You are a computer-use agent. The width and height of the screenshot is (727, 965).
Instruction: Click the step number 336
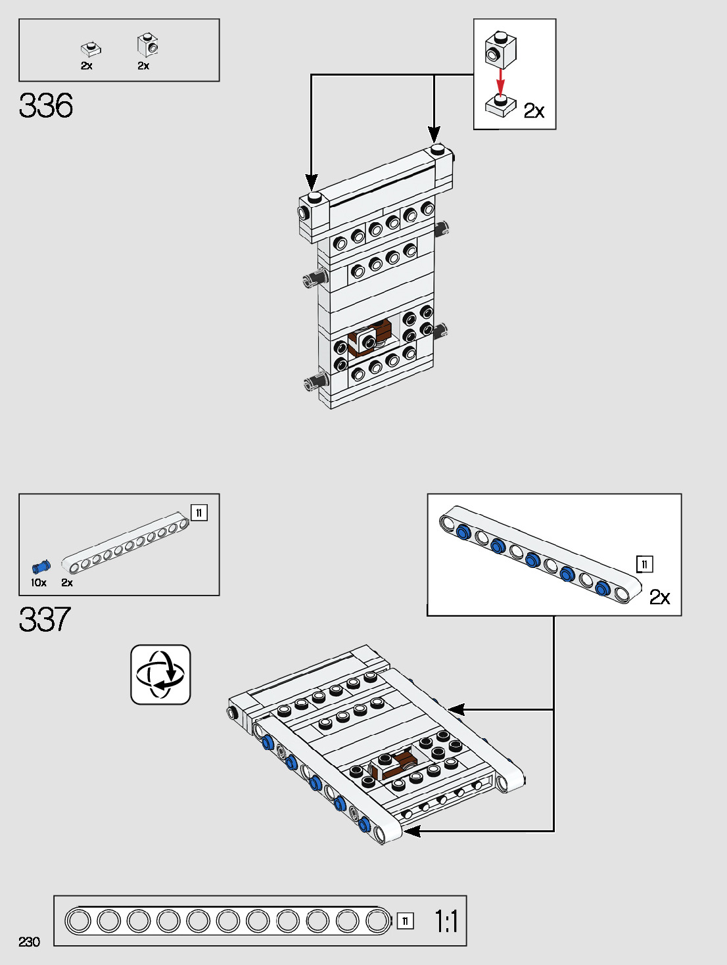tap(46, 106)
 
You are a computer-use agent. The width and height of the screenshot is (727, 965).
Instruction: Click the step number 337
tap(45, 620)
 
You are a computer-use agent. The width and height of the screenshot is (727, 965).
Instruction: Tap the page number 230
tap(30, 942)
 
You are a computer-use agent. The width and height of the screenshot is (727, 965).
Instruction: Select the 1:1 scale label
tap(446, 922)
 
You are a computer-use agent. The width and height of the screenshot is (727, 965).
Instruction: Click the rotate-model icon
tap(160, 674)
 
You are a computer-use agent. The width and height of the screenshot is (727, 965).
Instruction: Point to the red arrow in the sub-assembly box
tap(501, 81)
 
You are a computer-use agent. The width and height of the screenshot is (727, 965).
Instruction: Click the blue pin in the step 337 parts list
tap(41, 567)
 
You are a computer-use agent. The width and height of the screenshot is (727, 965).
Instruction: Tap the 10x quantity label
tap(39, 583)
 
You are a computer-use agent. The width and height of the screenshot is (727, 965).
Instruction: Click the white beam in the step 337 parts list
tap(125, 542)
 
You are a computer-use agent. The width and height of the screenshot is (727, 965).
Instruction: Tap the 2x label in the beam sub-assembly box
tap(659, 597)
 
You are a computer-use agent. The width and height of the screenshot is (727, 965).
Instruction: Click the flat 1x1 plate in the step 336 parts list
tap(90, 49)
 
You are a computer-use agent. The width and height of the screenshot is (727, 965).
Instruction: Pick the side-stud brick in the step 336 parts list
tap(148, 45)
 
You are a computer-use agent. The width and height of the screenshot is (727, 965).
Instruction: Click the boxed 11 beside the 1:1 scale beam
tap(406, 921)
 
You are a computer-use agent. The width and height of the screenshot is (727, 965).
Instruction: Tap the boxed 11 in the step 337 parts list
tap(199, 513)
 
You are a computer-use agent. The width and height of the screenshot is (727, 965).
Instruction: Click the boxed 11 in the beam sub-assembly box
tap(644, 564)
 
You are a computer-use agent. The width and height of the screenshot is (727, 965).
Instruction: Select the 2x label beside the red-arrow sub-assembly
tap(534, 110)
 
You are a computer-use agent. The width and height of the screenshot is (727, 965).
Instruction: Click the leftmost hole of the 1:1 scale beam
tap(79, 920)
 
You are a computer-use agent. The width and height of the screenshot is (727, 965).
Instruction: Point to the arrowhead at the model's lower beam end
tap(411, 832)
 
